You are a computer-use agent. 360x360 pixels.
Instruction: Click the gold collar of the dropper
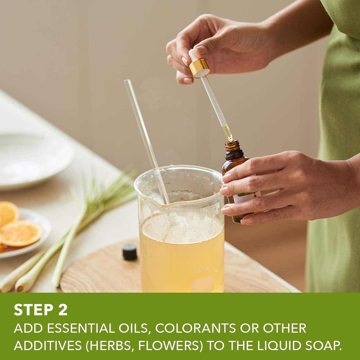(199, 69)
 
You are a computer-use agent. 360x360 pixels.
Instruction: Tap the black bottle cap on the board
(130, 252)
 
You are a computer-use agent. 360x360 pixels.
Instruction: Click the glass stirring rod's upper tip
(127, 81)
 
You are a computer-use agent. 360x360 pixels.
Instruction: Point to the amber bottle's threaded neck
(232, 145)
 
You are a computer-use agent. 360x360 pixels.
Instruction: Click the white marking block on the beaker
(203, 284)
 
